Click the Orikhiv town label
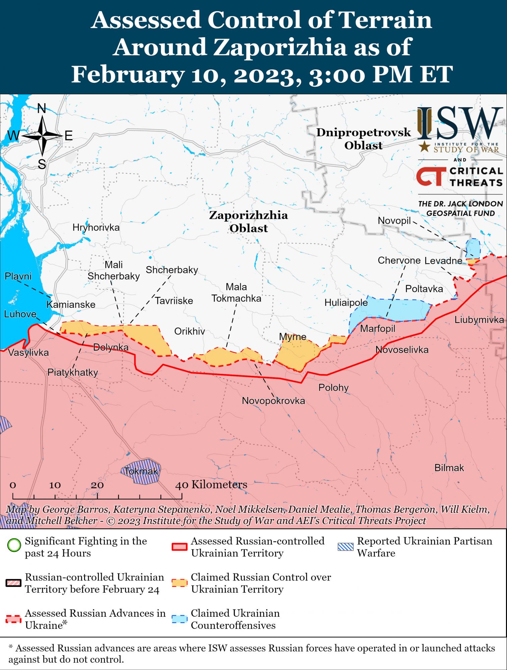[x=189, y=332]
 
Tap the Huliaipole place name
[x=346, y=303]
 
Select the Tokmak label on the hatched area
[x=141, y=471]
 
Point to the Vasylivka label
[x=28, y=352]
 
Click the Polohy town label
[x=333, y=388]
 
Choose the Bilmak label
[x=449, y=468]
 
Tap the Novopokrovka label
[x=273, y=401]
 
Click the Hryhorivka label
[x=96, y=228]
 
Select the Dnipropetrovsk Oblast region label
[x=364, y=139]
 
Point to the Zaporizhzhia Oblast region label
[x=248, y=221]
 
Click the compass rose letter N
[x=41, y=109]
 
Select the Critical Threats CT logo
[x=431, y=176]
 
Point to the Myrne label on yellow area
[x=293, y=337]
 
